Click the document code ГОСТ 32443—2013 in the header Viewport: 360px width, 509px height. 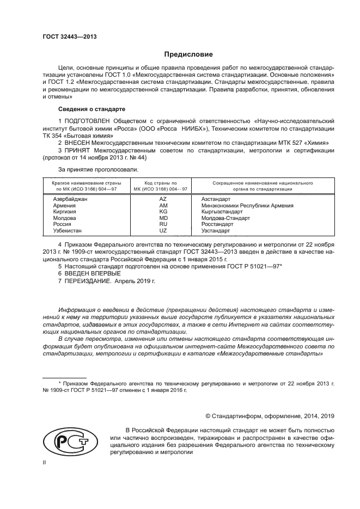click(x=70, y=36)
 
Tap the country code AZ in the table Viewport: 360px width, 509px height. click(x=162, y=200)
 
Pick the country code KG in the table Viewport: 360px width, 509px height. click(x=162, y=212)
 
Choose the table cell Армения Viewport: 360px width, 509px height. click(x=65, y=206)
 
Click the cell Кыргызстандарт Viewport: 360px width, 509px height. click(x=221, y=212)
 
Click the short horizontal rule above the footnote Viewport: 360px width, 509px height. click(x=64, y=377)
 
